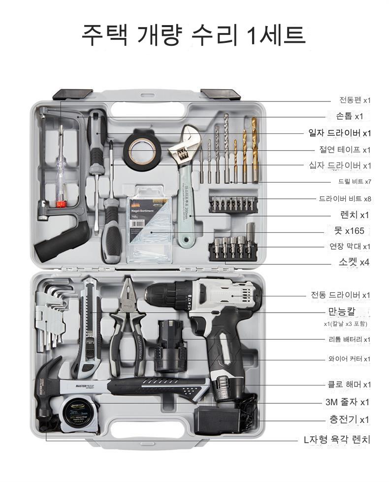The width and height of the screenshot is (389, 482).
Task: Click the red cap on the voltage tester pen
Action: coord(61,204)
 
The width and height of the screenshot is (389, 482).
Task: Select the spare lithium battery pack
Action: coord(170,346)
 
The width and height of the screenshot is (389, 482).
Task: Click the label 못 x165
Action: coord(349,230)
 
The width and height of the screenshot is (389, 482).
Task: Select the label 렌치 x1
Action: coord(355,215)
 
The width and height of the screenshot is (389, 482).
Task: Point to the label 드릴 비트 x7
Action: coord(355,181)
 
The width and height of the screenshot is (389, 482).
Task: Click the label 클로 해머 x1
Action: coord(349,384)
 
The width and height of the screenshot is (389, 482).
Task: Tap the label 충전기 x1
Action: coord(349,419)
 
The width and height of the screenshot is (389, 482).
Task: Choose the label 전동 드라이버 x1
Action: coord(340,295)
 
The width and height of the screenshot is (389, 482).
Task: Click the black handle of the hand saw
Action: coord(63,240)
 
